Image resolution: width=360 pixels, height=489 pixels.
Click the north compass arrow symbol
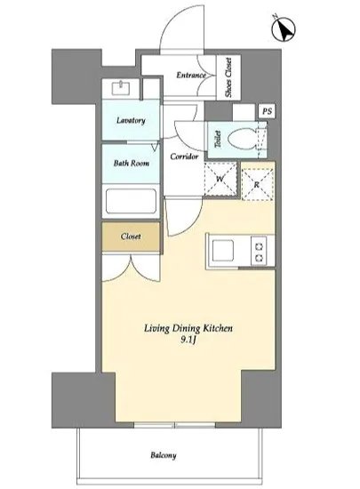[284, 29]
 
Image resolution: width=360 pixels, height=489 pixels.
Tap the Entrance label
[191, 76]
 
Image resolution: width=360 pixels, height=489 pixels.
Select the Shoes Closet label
[228, 77]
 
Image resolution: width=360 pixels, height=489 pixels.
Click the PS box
[268, 111]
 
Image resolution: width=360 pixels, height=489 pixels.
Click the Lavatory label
[131, 120]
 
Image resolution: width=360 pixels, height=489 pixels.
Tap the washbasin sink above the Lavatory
[123, 88]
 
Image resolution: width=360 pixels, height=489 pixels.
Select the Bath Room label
[132, 163]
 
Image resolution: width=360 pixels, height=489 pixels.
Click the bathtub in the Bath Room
[131, 201]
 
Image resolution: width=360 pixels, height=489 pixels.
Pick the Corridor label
[184, 156]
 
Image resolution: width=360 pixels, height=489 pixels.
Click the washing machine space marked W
[220, 179]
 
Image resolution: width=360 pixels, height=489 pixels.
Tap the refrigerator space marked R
[257, 184]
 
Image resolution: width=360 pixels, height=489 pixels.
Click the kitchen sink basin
[222, 251]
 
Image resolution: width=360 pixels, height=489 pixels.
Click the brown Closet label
[131, 236]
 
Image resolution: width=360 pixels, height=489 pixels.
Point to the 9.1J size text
[188, 340]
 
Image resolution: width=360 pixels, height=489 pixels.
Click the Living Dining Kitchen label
[188, 328]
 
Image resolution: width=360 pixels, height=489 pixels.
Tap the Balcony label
[164, 455]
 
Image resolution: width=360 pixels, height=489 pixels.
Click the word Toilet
[218, 139]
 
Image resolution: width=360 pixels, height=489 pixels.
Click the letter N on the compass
[276, 16]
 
